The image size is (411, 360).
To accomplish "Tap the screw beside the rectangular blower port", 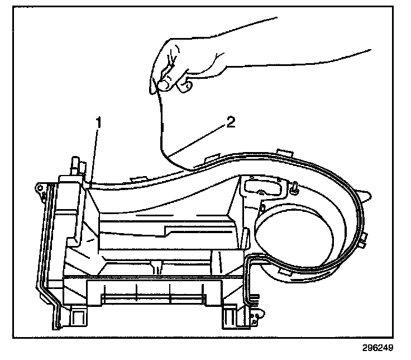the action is (292, 189).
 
